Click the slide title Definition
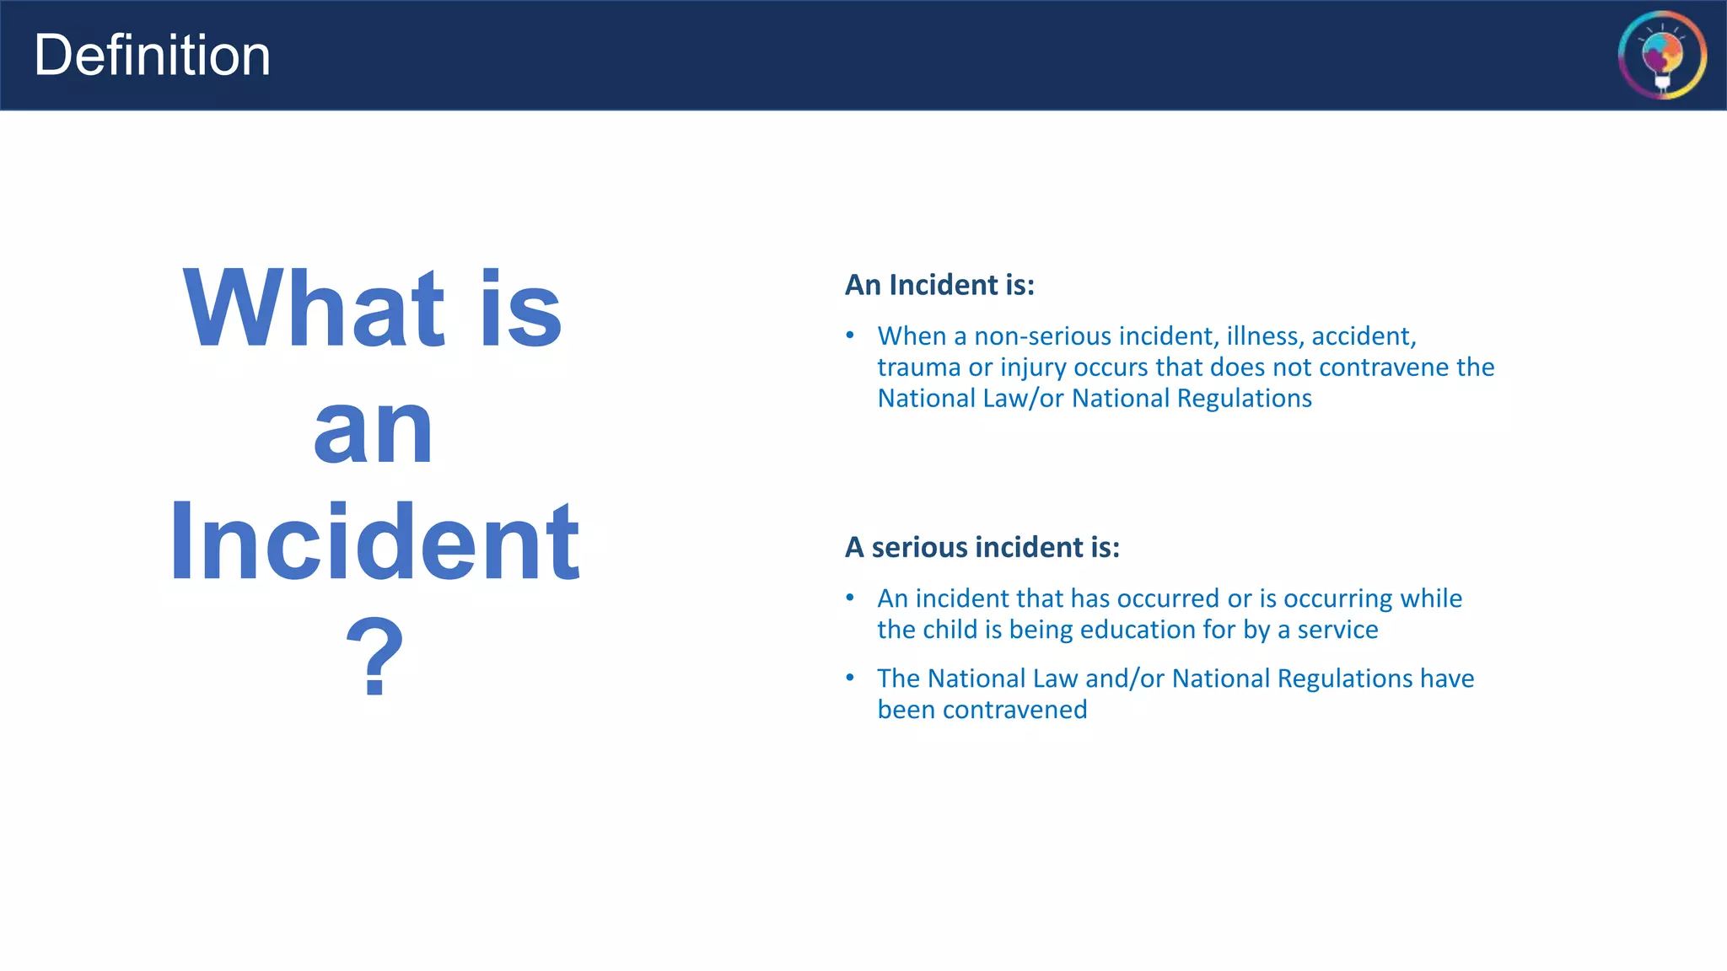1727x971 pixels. (x=152, y=56)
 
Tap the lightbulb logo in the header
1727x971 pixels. (x=1662, y=56)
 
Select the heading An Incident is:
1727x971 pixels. (x=939, y=285)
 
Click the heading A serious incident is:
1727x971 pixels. (x=982, y=547)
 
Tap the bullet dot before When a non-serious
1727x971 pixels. (x=850, y=336)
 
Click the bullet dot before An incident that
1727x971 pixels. (x=850, y=598)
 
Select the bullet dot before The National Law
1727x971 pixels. (x=850, y=679)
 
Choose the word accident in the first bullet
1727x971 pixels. (x=1363, y=336)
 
